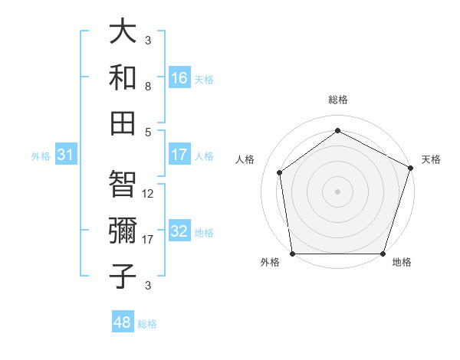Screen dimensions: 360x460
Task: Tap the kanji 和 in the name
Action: pyautogui.click(x=123, y=77)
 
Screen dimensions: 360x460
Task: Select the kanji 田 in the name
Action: pyautogui.click(x=123, y=122)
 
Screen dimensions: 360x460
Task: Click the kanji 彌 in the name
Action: pyautogui.click(x=123, y=229)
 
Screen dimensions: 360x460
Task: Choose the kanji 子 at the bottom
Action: pyautogui.click(x=123, y=275)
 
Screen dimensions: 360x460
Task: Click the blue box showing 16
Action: pyautogui.click(x=179, y=78)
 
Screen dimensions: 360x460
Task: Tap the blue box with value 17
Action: pyautogui.click(x=179, y=155)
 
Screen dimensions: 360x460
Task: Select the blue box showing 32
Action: pyautogui.click(x=179, y=231)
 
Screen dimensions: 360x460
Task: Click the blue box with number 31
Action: pyautogui.click(x=66, y=155)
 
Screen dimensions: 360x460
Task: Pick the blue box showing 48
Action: pyautogui.click(x=123, y=322)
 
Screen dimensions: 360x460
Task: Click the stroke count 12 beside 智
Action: pyautogui.click(x=149, y=194)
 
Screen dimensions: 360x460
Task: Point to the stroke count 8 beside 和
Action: pyautogui.click(x=148, y=87)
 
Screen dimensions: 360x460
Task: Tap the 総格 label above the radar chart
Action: pyautogui.click(x=337, y=100)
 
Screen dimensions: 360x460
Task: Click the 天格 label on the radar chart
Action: pyautogui.click(x=431, y=159)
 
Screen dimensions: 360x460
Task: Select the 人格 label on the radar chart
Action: pyautogui.click(x=245, y=159)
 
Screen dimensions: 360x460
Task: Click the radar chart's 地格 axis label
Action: pyautogui.click(x=401, y=262)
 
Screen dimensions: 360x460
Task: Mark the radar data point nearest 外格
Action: pyautogui.click(x=292, y=254)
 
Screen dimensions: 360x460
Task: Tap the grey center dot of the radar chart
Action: pyautogui.click(x=337, y=191)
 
